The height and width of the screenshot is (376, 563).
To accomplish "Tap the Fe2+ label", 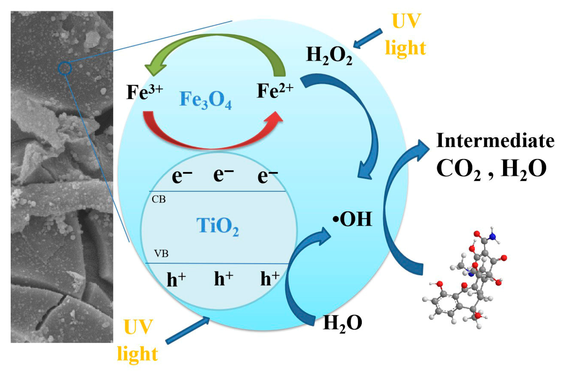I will pyautogui.click(x=275, y=91).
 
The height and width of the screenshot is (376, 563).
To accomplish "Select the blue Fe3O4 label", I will pyautogui.click(x=205, y=100).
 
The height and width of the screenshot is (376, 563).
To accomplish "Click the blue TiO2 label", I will pyautogui.click(x=217, y=226).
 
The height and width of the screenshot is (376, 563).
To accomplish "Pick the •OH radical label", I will pyautogui.click(x=352, y=219).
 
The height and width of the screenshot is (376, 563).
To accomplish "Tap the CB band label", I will pyautogui.click(x=159, y=199).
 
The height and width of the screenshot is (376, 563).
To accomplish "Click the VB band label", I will pyautogui.click(x=161, y=254).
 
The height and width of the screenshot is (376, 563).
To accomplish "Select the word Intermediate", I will pyautogui.click(x=495, y=141).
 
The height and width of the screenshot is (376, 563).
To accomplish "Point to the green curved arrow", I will pyautogui.click(x=214, y=46).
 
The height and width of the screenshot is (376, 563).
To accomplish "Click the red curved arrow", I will pyautogui.click(x=211, y=135).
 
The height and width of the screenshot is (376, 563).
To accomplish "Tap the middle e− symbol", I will pyautogui.click(x=223, y=175).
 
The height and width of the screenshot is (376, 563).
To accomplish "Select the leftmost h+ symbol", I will pyautogui.click(x=176, y=279).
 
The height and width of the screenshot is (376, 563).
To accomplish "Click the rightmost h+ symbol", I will pyautogui.click(x=270, y=278).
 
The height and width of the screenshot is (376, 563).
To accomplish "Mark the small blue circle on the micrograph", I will pyautogui.click(x=65, y=68).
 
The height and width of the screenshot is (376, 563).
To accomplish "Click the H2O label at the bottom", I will pyautogui.click(x=342, y=323).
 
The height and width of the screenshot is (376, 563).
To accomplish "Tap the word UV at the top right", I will pyautogui.click(x=406, y=21).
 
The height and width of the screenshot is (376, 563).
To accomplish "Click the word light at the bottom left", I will pyautogui.click(x=137, y=354).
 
